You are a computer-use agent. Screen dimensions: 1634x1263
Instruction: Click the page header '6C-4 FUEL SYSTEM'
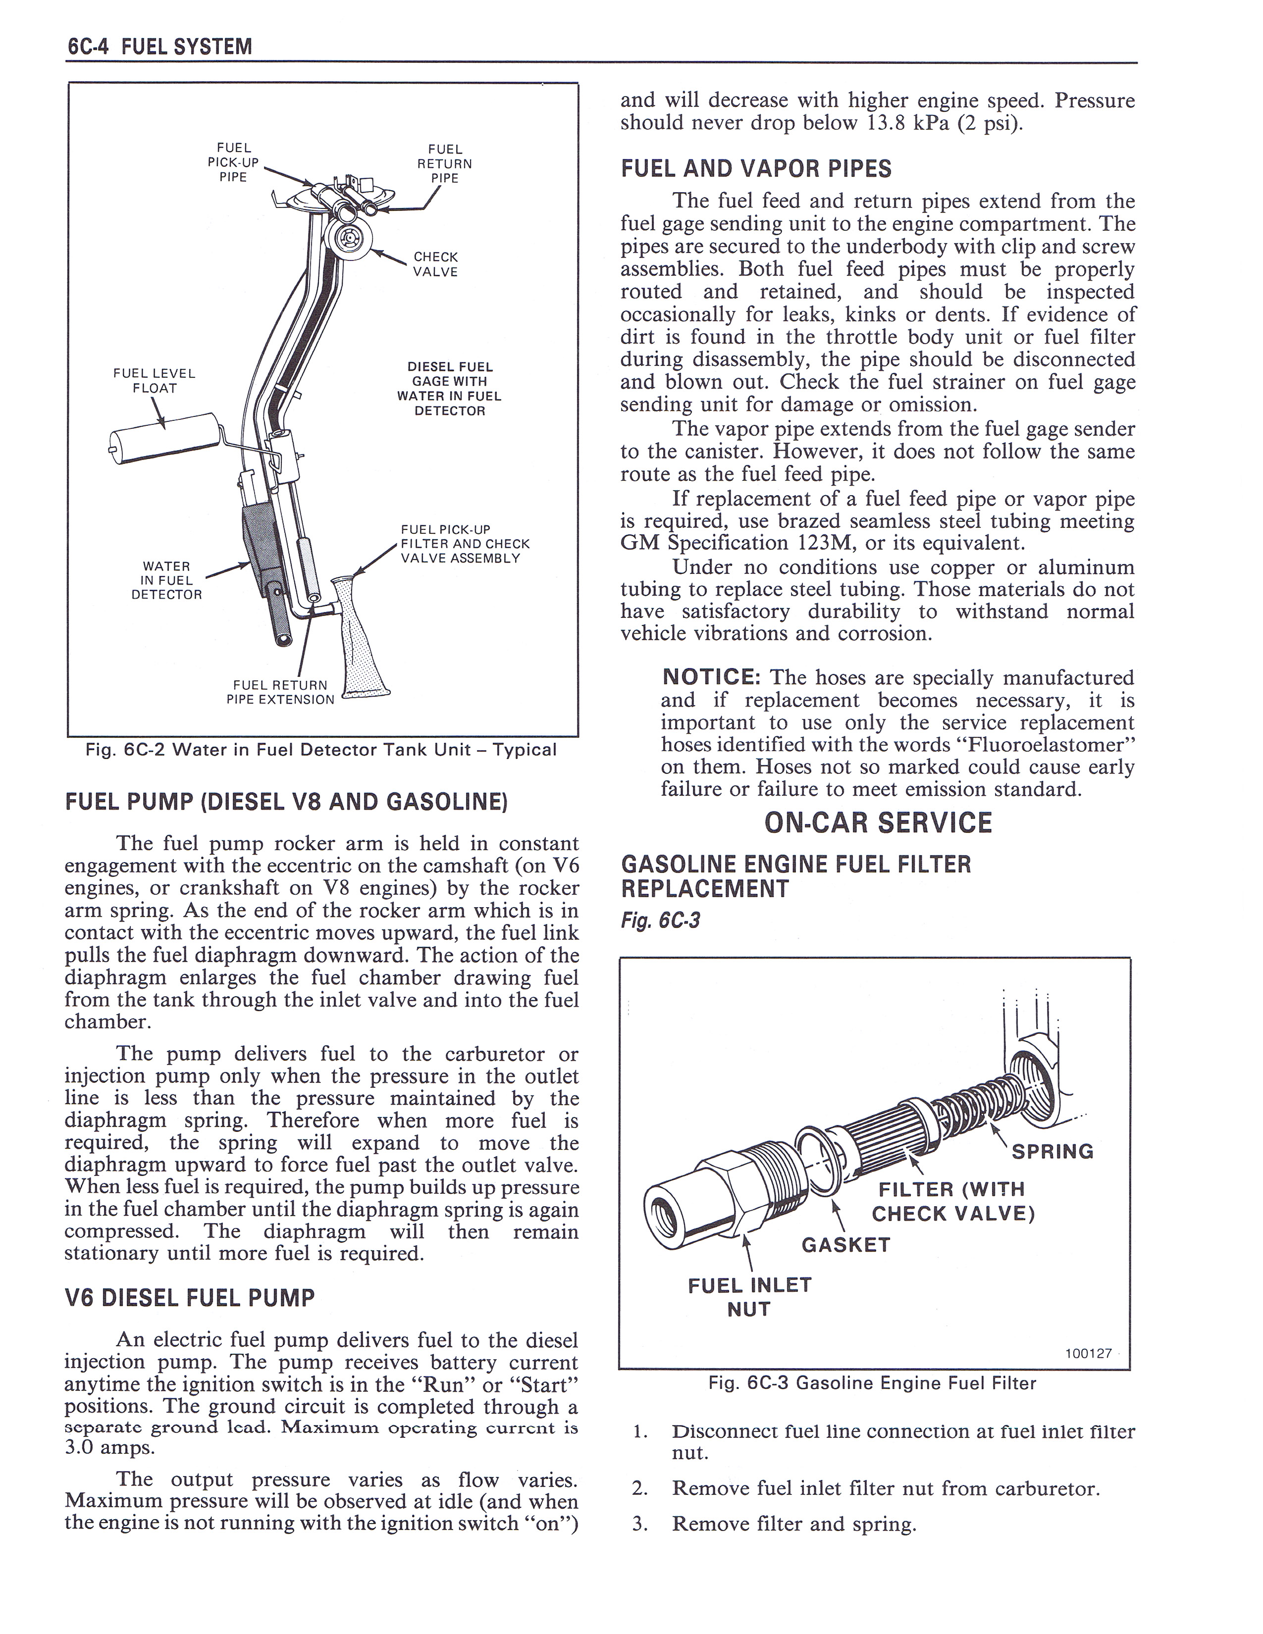coord(159,47)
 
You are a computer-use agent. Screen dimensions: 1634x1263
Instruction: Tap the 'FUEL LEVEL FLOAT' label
coord(154,381)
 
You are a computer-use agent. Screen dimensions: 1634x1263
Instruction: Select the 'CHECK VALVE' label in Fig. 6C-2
coord(435,264)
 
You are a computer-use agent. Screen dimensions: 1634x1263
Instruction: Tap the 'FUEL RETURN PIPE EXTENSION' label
coord(280,692)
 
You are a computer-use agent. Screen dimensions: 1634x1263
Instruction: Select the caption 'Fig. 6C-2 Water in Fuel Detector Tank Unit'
coord(321,750)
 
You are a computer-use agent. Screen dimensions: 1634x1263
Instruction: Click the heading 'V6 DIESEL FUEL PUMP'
coord(190,1297)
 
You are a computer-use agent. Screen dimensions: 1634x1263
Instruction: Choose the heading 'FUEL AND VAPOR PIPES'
coord(756,168)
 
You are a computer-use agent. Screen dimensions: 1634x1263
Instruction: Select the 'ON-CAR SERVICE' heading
coord(878,822)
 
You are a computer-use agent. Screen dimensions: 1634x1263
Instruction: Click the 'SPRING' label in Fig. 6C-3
coord(1052,1151)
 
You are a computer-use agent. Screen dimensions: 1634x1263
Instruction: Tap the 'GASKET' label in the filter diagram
coord(845,1245)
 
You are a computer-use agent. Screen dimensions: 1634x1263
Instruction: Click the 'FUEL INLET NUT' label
coord(749,1297)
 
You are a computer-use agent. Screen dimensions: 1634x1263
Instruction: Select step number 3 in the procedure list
coord(638,1524)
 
